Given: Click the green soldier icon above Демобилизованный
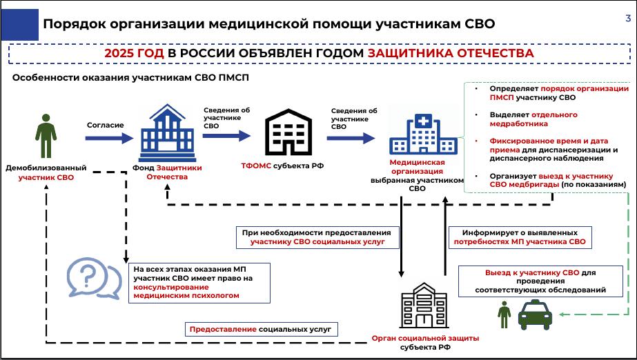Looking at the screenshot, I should [46, 138].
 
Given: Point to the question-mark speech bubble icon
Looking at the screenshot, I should [93, 279].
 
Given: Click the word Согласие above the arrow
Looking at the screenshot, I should [105, 125].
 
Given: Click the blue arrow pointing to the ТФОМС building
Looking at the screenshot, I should [227, 136].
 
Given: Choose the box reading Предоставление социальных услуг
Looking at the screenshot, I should [260, 330].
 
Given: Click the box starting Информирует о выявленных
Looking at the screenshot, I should [519, 237].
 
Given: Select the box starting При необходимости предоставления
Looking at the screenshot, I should [317, 237].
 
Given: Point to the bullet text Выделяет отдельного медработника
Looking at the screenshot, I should [524, 119].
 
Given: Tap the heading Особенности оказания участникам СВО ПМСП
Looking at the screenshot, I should [130, 78].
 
